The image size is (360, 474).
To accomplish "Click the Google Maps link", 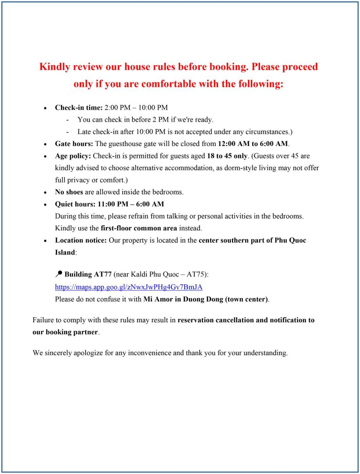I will [x=129, y=287].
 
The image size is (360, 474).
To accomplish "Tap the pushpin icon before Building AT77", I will [x=59, y=274].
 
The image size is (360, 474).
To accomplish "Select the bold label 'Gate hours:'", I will [x=74, y=144].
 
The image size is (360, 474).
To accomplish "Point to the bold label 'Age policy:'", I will [x=73, y=156].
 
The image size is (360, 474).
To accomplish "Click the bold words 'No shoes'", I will [x=69, y=192].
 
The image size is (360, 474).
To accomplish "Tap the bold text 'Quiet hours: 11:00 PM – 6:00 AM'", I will [x=109, y=204].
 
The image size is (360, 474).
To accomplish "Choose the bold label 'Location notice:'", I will [x=81, y=240].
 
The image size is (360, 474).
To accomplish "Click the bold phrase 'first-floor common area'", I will [x=139, y=228].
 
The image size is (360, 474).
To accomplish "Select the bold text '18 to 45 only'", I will [x=227, y=156].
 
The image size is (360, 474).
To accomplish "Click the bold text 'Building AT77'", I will [x=88, y=274].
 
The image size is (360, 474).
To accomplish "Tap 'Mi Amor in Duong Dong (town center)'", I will [x=206, y=299].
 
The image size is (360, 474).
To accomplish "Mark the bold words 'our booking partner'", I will [x=65, y=332].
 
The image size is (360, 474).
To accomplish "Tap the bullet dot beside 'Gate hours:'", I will [x=46, y=144].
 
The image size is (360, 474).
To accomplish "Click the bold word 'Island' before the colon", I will [x=65, y=253].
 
